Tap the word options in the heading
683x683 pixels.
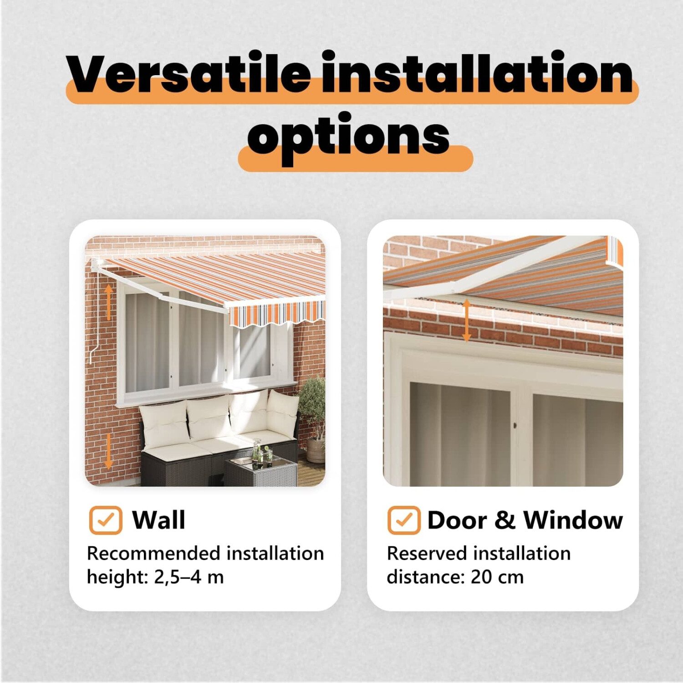(x=349, y=137)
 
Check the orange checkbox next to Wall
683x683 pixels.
(x=106, y=520)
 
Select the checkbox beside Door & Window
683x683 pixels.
(x=404, y=520)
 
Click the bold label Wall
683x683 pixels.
(x=158, y=520)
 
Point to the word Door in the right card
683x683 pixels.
(x=457, y=520)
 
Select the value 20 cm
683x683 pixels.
(x=497, y=577)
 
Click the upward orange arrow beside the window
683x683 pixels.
(x=109, y=301)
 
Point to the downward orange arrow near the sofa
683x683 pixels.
(x=108, y=451)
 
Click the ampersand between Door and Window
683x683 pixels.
(x=505, y=520)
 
